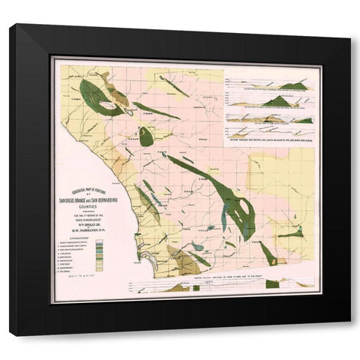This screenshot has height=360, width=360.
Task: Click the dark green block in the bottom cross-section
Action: pos(273,283)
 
